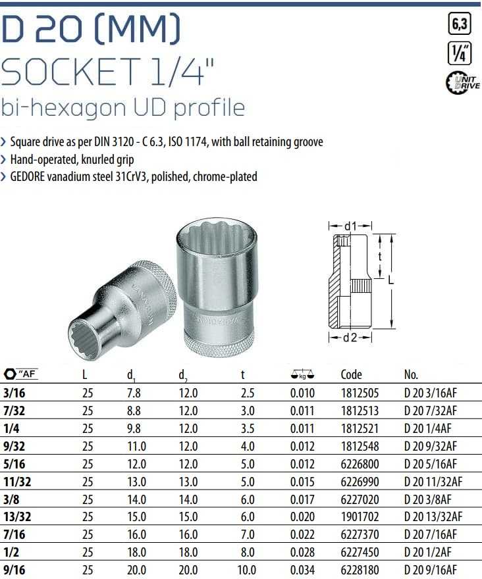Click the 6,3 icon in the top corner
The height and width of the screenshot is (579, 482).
[x=460, y=24]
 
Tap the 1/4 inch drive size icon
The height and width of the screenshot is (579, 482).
[x=460, y=53]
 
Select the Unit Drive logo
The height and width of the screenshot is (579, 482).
[x=463, y=82]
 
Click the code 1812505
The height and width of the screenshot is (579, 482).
[x=360, y=393]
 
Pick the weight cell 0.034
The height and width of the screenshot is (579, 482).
[x=302, y=570]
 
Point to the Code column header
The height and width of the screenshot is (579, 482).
[x=351, y=374]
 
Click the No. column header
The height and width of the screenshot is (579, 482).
[x=411, y=375]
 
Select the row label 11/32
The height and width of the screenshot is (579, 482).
[x=17, y=482]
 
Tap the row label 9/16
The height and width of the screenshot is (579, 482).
[x=14, y=570]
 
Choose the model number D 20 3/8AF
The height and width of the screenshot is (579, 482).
[x=427, y=499]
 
